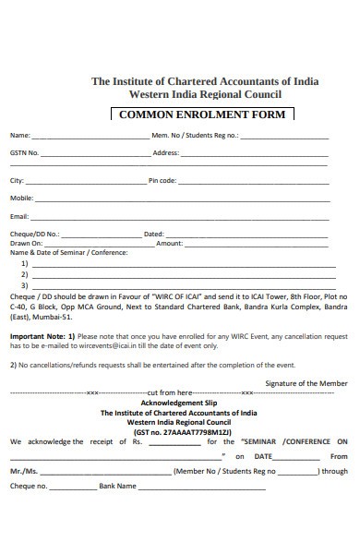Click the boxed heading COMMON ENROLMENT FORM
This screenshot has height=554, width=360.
click(203, 114)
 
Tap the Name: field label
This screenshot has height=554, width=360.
click(20, 135)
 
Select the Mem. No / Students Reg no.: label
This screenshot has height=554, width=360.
click(195, 135)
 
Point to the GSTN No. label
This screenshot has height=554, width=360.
click(25, 152)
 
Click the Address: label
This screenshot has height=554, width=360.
click(165, 152)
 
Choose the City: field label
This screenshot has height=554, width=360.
click(18, 180)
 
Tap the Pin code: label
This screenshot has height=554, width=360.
click(162, 180)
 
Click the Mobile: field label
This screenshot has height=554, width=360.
click(22, 198)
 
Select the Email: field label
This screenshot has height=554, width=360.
click(20, 216)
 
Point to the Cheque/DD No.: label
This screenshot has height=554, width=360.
click(35, 234)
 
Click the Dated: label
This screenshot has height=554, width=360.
click(153, 234)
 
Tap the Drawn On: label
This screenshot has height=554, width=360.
click(27, 243)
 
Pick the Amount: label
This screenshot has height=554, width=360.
click(169, 243)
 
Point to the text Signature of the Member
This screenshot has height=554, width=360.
click(306, 382)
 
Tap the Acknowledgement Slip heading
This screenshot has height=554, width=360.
click(178, 403)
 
